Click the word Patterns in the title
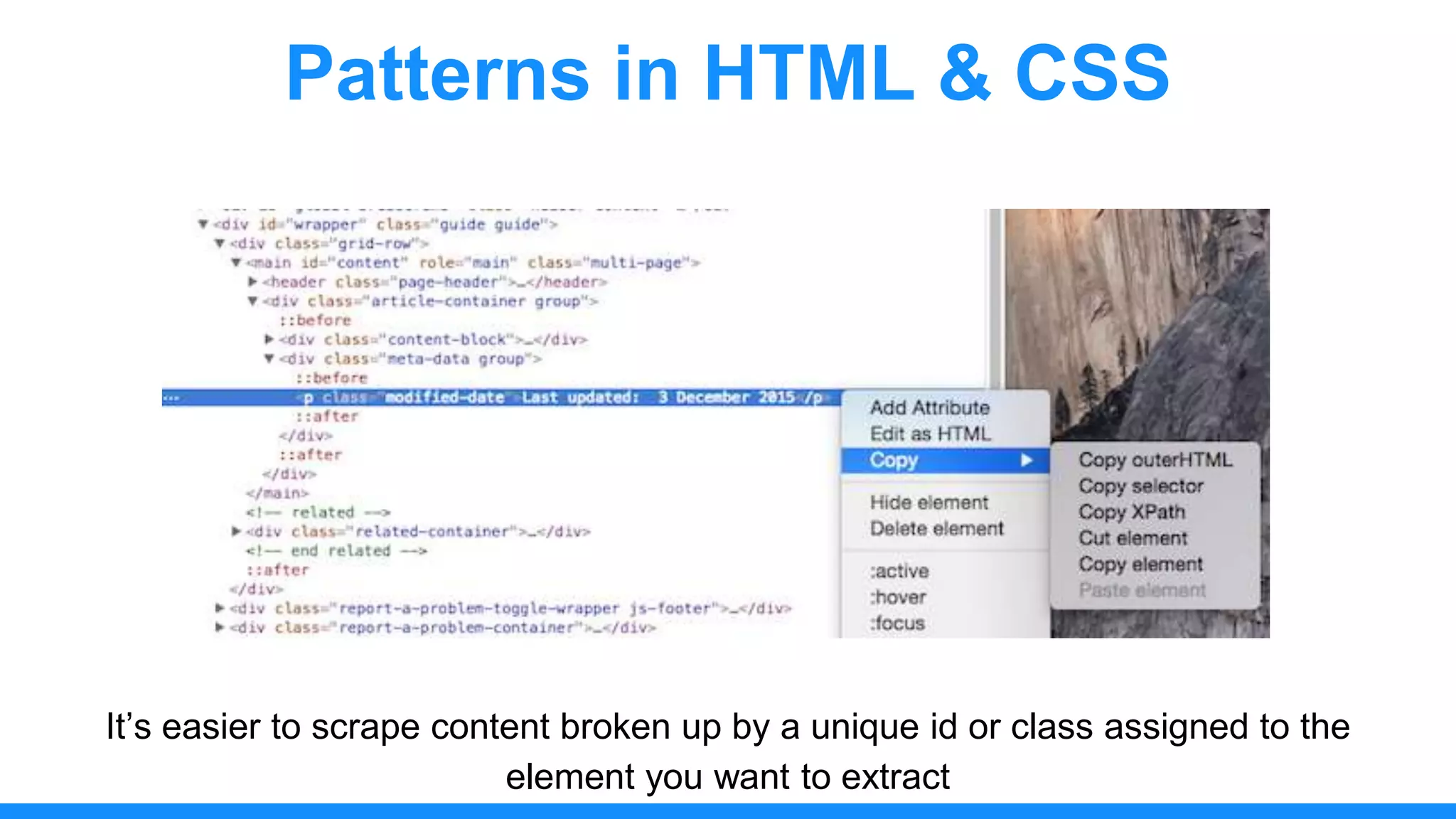click(437, 73)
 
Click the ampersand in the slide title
click(964, 73)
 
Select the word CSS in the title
click(1092, 73)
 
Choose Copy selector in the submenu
click(1140, 486)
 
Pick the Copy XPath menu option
click(1131, 512)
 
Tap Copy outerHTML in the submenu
click(1155, 460)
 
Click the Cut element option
click(1133, 538)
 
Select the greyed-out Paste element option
click(1142, 590)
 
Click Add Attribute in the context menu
click(929, 408)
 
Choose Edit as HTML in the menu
click(929, 434)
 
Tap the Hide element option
click(928, 503)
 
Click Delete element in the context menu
click(936, 529)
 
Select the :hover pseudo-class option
click(898, 597)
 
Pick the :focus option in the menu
click(897, 623)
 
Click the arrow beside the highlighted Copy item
click(1026, 460)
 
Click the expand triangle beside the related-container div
click(236, 531)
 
